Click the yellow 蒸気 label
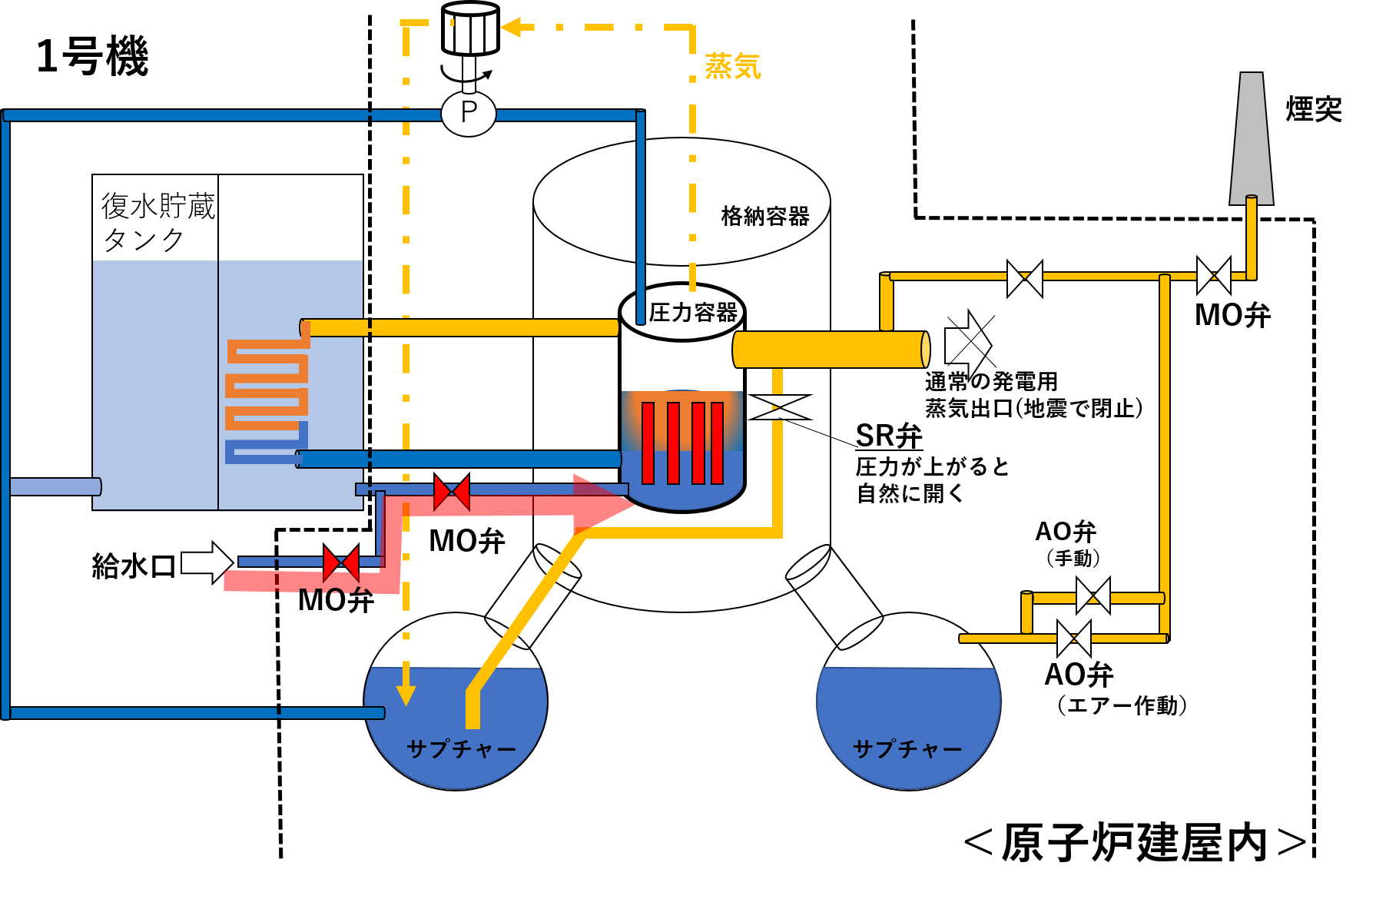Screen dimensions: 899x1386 pyautogui.click(x=732, y=67)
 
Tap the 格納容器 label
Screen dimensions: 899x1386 pyautogui.click(x=765, y=217)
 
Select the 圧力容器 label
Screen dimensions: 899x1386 pyautogui.click(x=692, y=313)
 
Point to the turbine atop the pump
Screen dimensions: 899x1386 pyautogui.click(x=470, y=29)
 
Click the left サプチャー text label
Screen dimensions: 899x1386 pyautogui.click(x=461, y=749)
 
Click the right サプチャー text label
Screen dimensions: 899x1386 pyautogui.click(x=907, y=749)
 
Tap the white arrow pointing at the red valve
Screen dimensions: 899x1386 pyautogui.click(x=206, y=562)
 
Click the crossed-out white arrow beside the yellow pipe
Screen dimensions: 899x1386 pyautogui.click(x=968, y=346)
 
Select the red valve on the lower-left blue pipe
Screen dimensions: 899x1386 pyautogui.click(x=341, y=563)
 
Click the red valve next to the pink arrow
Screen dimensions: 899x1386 pyautogui.click(x=452, y=493)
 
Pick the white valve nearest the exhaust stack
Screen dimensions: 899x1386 pyautogui.click(x=1214, y=275)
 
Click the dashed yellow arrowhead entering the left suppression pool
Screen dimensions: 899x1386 pyautogui.click(x=406, y=695)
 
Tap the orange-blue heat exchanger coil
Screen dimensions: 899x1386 pyautogui.click(x=267, y=400)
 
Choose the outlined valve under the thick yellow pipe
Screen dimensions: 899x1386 pyautogui.click(x=779, y=407)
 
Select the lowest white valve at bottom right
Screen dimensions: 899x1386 pyautogui.click(x=1074, y=639)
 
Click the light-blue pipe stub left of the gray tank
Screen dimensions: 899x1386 pyautogui.click(x=55, y=486)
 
